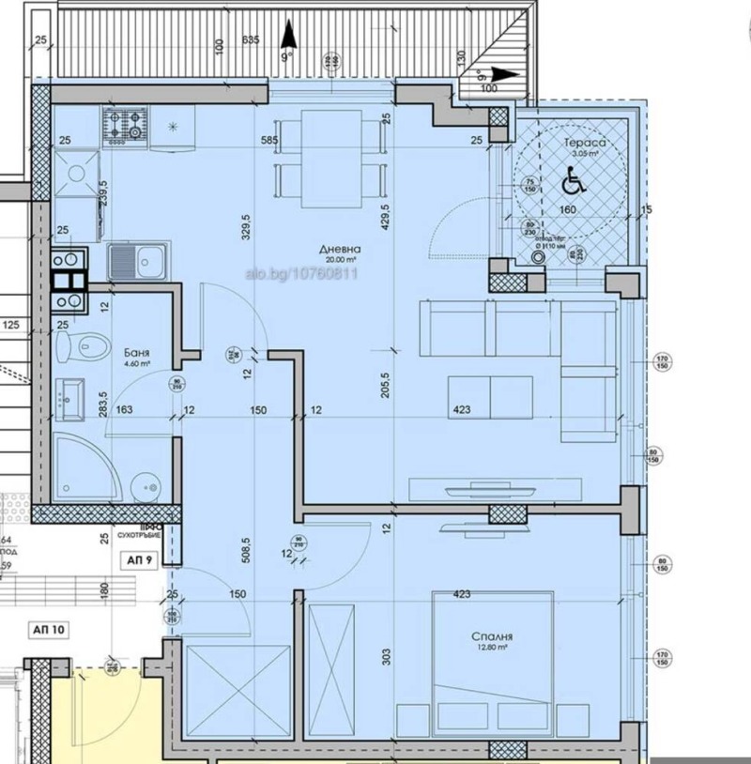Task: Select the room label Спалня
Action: click(490, 635)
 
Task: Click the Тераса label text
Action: click(582, 143)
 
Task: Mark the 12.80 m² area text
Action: click(490, 648)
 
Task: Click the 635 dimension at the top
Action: click(250, 39)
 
